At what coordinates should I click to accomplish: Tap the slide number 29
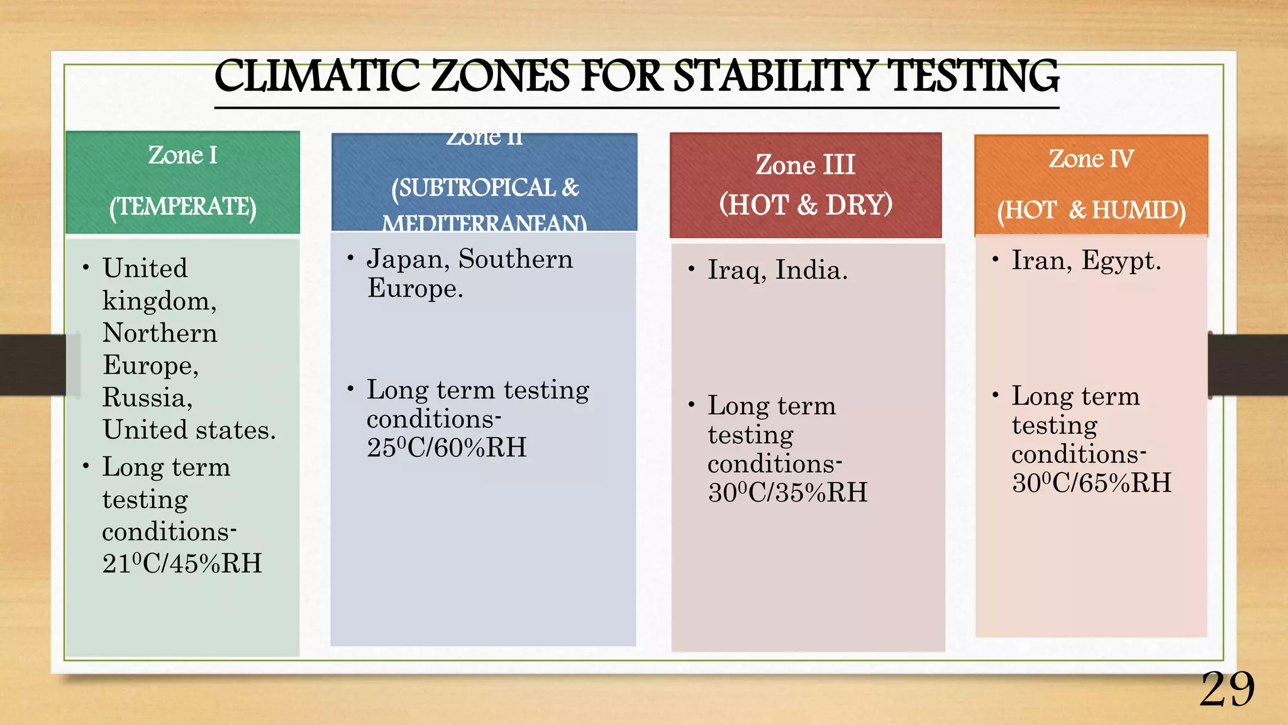click(1227, 690)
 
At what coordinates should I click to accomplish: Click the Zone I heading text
click(182, 155)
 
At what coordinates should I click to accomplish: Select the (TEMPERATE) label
click(182, 207)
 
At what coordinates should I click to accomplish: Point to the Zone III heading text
click(805, 166)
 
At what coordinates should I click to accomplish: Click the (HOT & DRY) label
click(806, 205)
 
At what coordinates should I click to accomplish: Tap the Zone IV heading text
click(1091, 159)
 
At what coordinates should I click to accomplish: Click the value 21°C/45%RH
click(182, 564)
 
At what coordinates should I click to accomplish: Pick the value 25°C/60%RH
click(447, 448)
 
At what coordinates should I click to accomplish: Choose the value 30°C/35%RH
click(787, 493)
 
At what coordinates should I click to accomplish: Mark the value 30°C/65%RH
click(1092, 483)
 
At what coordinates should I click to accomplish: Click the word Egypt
click(1121, 261)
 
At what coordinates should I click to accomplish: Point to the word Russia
click(147, 398)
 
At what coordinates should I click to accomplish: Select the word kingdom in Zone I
click(159, 301)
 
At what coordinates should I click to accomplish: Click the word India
click(811, 271)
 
